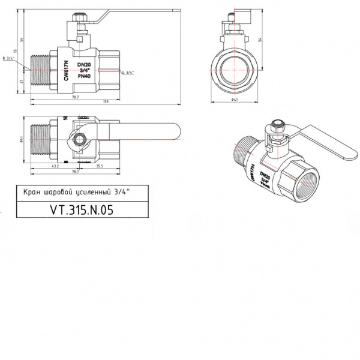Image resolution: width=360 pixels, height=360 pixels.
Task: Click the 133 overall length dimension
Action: point(106,102)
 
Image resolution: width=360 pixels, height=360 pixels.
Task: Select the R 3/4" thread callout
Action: point(10,58)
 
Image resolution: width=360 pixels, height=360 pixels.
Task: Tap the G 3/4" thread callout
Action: point(128,72)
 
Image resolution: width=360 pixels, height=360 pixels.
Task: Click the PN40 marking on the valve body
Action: point(85,77)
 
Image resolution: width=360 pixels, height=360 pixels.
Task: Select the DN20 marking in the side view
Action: point(85,64)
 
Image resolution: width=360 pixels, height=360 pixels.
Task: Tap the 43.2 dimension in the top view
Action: point(54,166)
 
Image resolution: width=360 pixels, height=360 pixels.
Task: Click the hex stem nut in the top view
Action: point(79,142)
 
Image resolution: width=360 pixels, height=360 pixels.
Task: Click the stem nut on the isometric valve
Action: point(276,128)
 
